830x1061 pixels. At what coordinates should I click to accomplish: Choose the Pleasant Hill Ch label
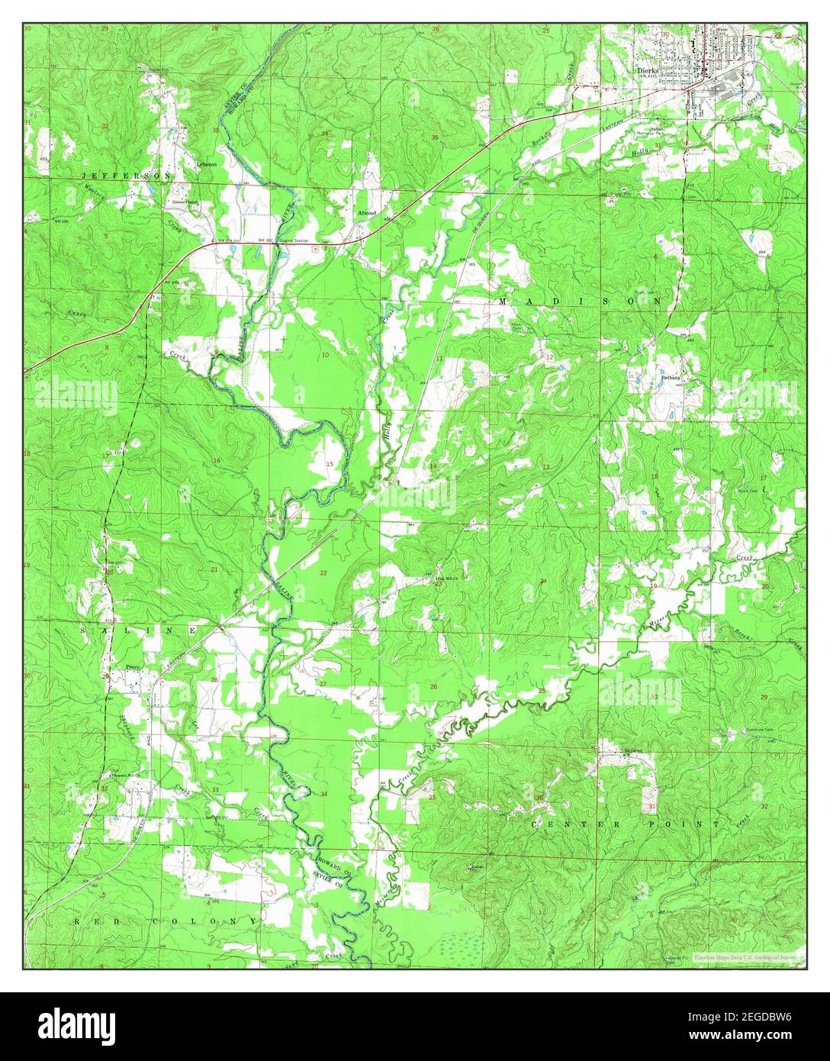click(x=125, y=774)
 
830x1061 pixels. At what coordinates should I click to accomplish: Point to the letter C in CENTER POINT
click(x=534, y=826)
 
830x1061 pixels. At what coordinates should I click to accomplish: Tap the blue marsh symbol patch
click(x=458, y=943)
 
